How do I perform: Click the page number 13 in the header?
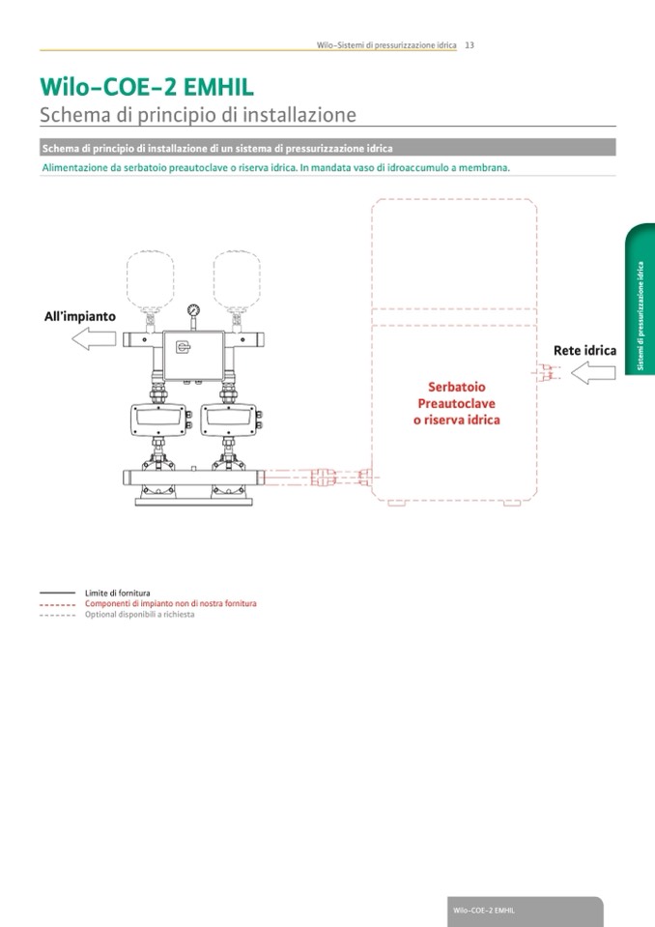click(469, 44)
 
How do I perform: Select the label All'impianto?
click(80, 316)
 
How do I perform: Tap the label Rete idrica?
click(584, 350)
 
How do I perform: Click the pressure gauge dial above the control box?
click(193, 311)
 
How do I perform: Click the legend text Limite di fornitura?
click(118, 592)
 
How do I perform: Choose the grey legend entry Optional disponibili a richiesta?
click(139, 615)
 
